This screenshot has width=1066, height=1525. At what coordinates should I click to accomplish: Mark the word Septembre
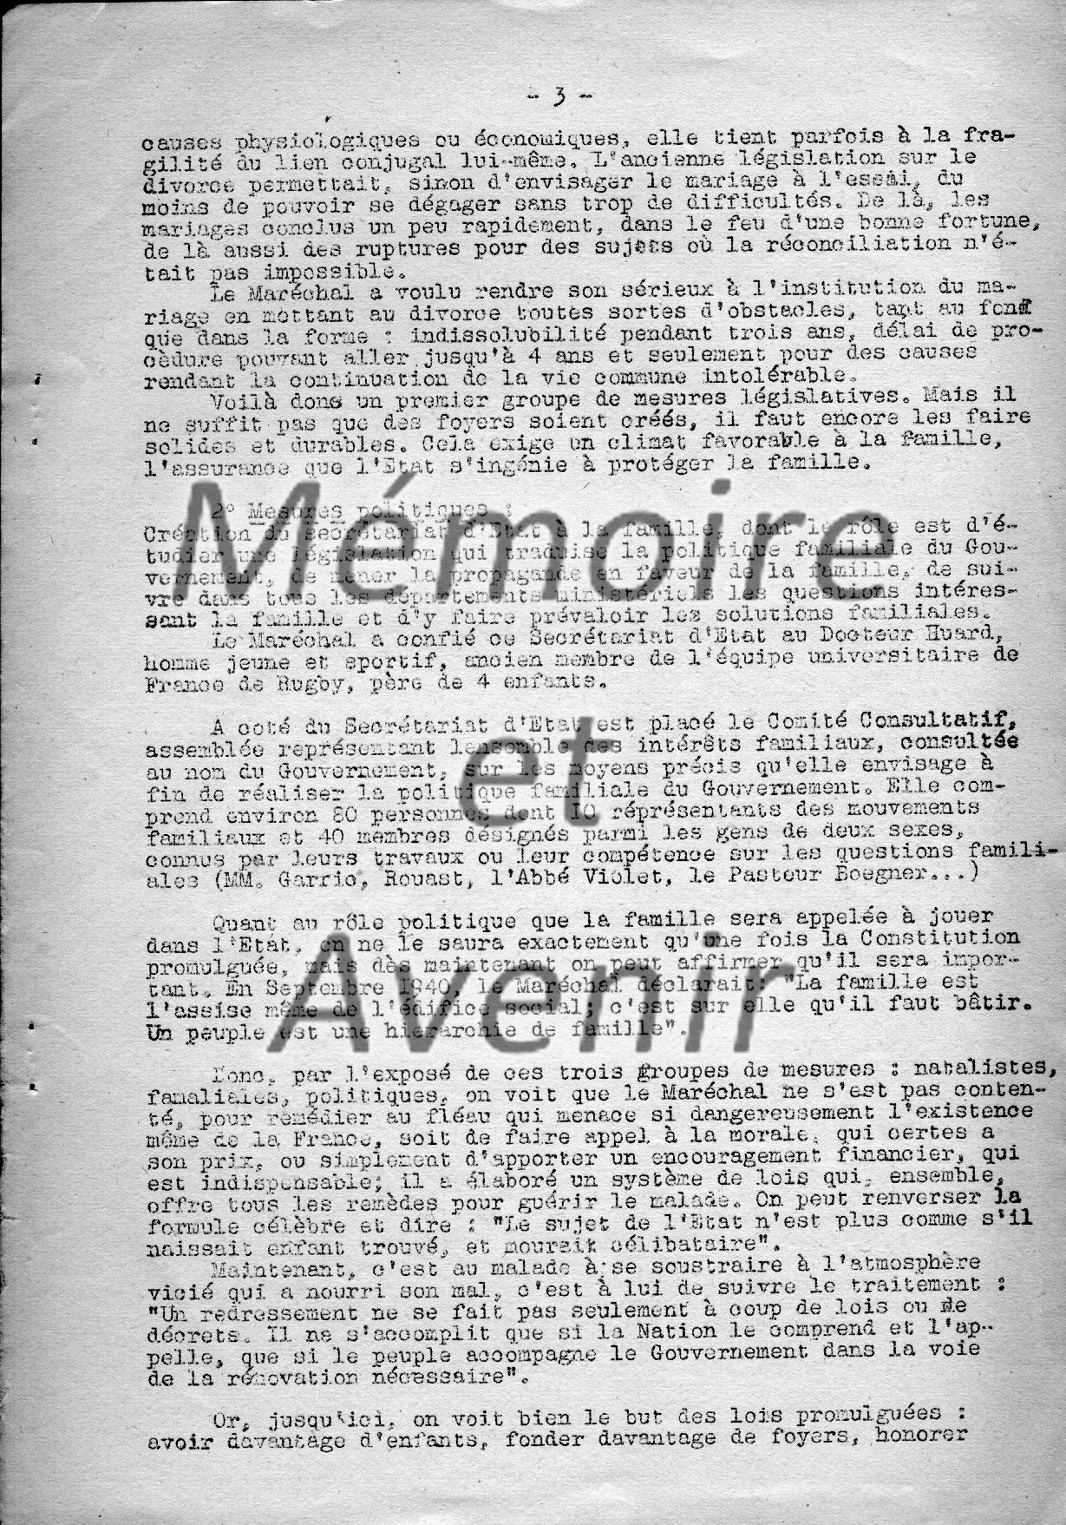(325, 982)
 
